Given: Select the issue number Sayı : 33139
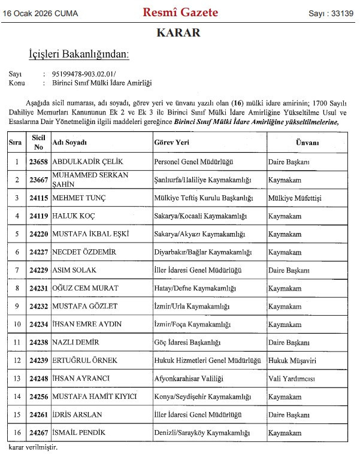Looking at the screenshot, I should click(x=331, y=13).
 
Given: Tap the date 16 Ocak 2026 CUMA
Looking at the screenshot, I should click(x=42, y=13).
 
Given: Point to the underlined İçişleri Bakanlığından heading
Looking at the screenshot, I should click(x=79, y=55).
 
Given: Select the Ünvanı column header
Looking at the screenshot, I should click(x=307, y=143).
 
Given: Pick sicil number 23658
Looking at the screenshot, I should click(x=37, y=162).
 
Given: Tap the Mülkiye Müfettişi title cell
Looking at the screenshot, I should click(x=295, y=197).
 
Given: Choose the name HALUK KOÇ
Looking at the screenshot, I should click(x=74, y=216).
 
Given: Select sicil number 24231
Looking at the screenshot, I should click(x=37, y=288).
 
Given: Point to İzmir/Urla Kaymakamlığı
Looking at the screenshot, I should click(x=192, y=306).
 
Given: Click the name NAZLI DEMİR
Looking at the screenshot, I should click(x=76, y=342).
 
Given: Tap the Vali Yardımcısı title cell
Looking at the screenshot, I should click(x=292, y=379).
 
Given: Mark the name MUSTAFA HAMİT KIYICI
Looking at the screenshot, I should click(x=95, y=397).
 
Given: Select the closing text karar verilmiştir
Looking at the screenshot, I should click(x=34, y=447).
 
